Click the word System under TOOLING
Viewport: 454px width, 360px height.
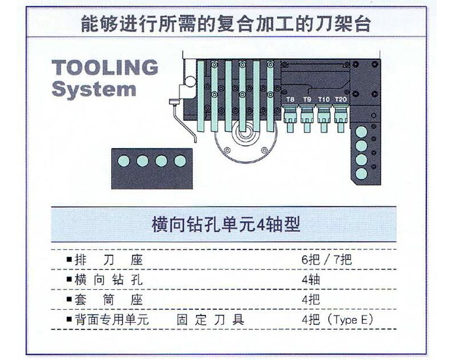[x=94, y=89]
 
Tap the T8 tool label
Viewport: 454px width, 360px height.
[x=290, y=100]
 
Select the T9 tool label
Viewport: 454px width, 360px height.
[x=307, y=100]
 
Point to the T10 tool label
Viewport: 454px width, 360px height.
[x=324, y=100]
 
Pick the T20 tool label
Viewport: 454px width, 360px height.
[x=341, y=100]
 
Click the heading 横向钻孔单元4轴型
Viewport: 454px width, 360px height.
[x=225, y=225]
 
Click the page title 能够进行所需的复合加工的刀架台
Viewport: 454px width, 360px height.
[x=225, y=24]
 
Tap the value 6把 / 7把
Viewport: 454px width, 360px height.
[x=327, y=260]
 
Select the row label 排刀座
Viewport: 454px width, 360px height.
[x=109, y=260]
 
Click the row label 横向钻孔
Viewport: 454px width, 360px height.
[x=108, y=280]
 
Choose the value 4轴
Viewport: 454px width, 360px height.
[x=311, y=280]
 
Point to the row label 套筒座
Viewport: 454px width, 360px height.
[x=109, y=300]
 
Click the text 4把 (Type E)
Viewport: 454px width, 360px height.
[x=338, y=320]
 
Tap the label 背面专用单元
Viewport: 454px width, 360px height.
[x=111, y=320]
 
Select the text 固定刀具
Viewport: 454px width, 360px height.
[x=210, y=320]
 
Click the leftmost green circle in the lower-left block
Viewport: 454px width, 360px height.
[x=124, y=161]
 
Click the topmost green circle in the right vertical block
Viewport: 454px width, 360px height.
[x=361, y=132]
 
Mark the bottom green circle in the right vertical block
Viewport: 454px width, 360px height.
[x=361, y=173]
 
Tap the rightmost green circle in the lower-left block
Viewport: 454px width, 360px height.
[x=180, y=161]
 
